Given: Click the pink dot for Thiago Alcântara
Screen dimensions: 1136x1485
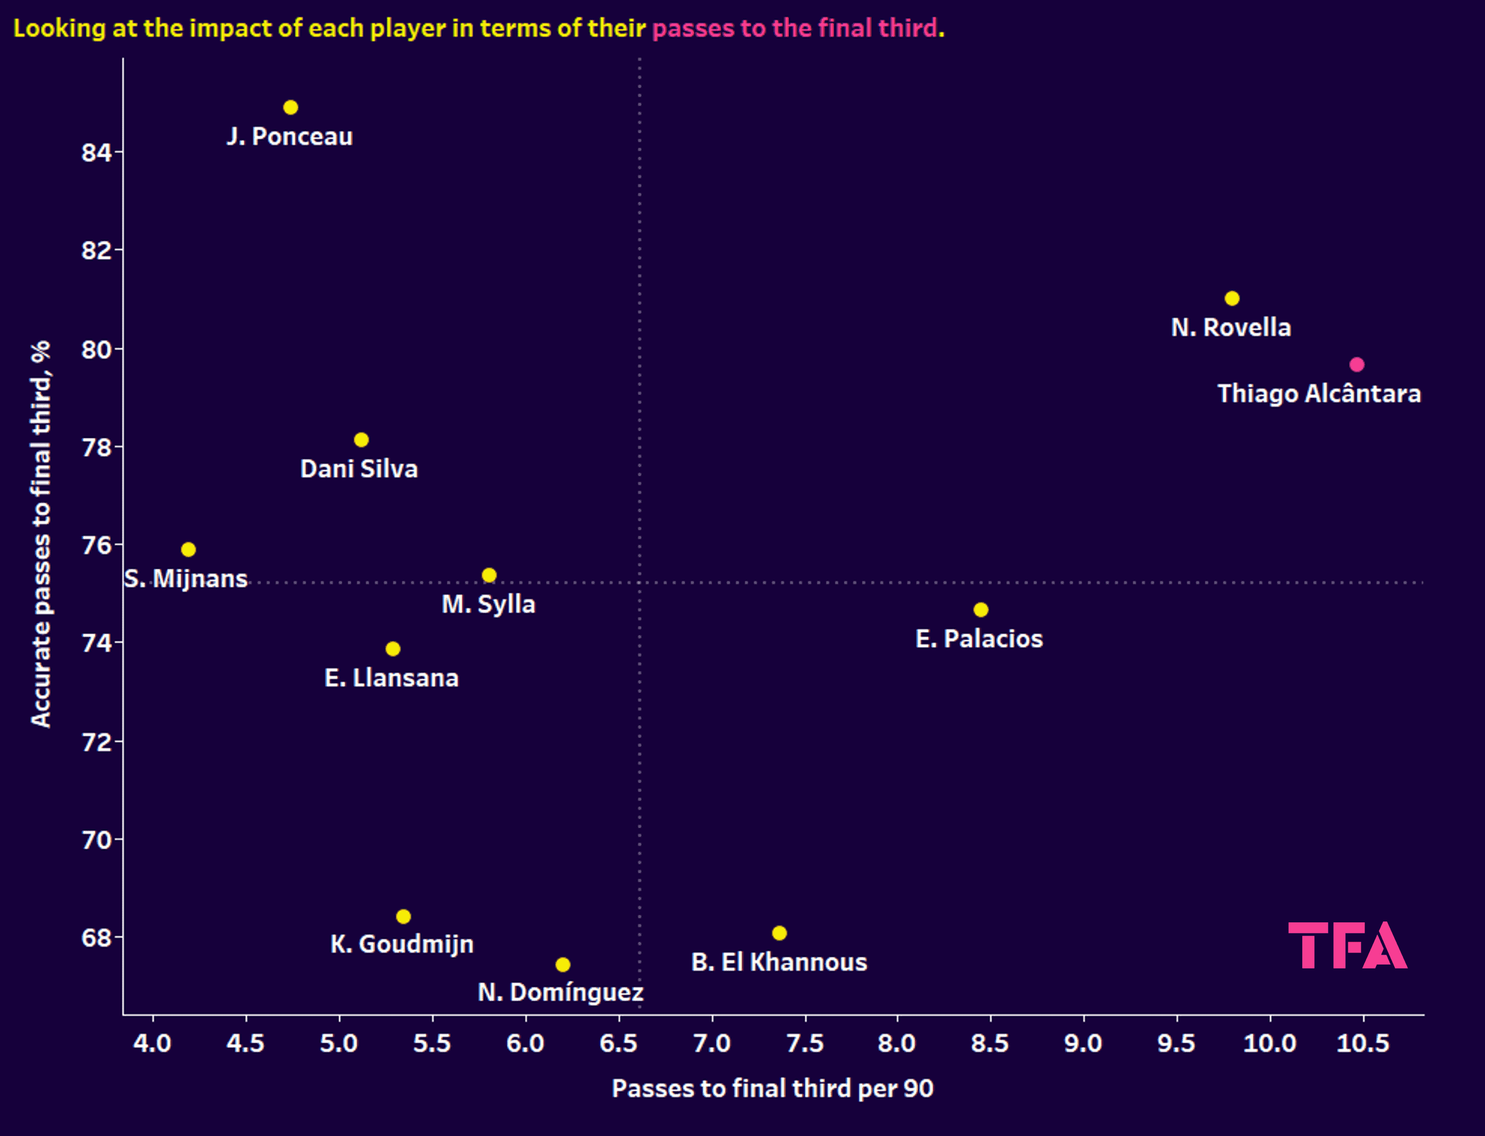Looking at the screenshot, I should (x=1357, y=364).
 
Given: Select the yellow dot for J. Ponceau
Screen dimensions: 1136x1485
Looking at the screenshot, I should (x=291, y=108).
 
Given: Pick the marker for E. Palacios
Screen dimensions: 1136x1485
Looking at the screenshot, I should (x=981, y=610).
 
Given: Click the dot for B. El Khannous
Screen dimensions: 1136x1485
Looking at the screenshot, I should (x=779, y=933).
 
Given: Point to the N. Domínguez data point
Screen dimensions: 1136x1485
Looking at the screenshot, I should (x=563, y=964).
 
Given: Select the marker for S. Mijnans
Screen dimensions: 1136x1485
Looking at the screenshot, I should (x=189, y=550).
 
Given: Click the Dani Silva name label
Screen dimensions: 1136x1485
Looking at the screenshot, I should (x=359, y=468).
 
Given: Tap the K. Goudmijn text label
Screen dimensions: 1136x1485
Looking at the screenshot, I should (x=402, y=944).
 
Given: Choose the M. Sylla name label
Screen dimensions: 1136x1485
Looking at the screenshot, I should (x=488, y=604).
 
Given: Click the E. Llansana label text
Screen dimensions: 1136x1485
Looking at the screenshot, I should (x=391, y=678).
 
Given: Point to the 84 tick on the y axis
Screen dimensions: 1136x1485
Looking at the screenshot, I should (x=96, y=152).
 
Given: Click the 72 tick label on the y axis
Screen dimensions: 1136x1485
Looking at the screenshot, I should (x=96, y=742).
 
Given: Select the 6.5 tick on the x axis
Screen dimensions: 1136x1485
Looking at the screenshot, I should (x=618, y=1043).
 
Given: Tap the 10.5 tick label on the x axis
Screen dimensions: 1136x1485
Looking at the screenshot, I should (x=1363, y=1043).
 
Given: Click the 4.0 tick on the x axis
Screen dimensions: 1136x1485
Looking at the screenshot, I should (x=152, y=1043).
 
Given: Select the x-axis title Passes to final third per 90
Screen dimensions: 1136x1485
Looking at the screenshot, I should (x=772, y=1088).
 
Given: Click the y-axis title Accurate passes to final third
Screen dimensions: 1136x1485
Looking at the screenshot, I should (x=41, y=534).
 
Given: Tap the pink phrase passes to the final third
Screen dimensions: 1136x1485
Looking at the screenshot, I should (x=794, y=28).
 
